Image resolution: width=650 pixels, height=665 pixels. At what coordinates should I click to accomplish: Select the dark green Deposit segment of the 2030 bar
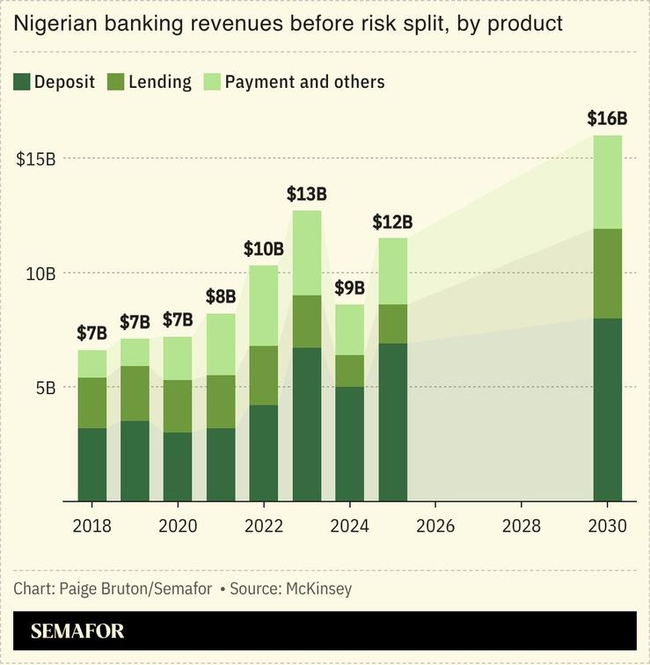[608, 410]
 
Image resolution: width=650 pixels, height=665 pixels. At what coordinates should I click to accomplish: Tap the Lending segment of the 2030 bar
[608, 274]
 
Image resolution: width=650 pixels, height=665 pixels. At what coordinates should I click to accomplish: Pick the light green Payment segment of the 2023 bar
[307, 253]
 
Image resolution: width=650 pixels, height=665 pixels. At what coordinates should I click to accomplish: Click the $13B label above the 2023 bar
[307, 194]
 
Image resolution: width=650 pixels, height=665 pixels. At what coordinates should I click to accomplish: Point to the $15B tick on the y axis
[36, 159]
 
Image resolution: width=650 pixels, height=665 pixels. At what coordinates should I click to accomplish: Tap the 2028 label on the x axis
[522, 526]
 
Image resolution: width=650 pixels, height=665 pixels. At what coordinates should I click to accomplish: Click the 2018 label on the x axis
[92, 526]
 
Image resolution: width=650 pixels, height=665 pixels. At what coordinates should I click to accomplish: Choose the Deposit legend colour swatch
[21, 83]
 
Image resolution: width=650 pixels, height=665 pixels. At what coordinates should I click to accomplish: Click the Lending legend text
[159, 83]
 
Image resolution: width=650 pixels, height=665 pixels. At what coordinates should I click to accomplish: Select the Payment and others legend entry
[304, 83]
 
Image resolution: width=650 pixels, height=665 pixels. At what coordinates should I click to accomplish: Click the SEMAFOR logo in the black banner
[77, 632]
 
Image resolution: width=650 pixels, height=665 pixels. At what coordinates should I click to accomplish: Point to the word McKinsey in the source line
[318, 588]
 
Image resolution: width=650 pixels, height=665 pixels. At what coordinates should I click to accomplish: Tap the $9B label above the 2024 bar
[350, 288]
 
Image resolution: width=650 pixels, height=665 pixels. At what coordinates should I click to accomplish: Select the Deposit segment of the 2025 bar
[393, 422]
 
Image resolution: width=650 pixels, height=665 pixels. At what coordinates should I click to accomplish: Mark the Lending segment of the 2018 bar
[92, 403]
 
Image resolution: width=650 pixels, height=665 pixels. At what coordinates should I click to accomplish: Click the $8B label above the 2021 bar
[221, 296]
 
